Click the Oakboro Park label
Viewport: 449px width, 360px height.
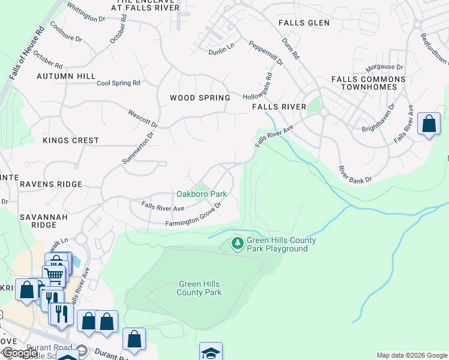pos(202,194)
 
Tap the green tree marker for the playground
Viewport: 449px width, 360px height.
pos(238,244)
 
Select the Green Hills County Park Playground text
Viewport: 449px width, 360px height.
pos(281,245)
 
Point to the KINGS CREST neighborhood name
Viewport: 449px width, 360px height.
pos(71,140)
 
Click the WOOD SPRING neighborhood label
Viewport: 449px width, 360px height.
pos(200,98)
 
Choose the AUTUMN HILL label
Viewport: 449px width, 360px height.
pos(66,76)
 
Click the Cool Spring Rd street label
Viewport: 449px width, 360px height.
pos(118,83)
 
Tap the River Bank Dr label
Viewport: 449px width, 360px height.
pos(355,175)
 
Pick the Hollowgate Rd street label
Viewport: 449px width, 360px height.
pos(258,87)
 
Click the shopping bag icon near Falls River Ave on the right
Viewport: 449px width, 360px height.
pos(429,124)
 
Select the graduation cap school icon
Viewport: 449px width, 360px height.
pos(211,352)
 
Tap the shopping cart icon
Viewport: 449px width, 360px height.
pos(53,276)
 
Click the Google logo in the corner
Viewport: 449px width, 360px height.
pos(19,353)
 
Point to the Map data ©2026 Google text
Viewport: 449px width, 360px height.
pos(412,355)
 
